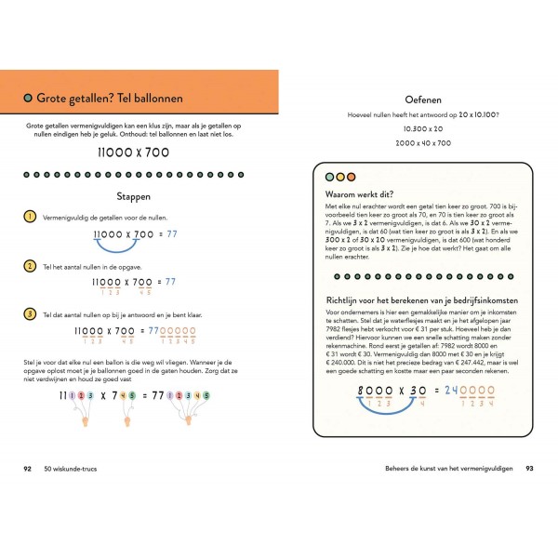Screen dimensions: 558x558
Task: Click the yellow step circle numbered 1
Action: pos(31,217)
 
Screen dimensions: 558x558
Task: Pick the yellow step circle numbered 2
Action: pos(31,265)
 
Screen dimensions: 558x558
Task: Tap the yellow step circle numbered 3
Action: pos(31,312)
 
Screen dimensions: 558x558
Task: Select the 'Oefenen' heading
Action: pos(423,100)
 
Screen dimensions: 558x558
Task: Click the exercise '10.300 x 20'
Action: pos(423,128)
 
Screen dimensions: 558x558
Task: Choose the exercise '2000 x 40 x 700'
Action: pos(423,143)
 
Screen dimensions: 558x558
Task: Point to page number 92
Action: pos(28,468)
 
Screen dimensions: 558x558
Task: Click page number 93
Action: pos(529,468)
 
